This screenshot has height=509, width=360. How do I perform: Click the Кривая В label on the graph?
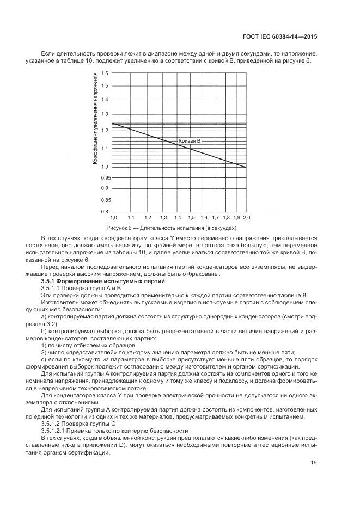tap(190, 141)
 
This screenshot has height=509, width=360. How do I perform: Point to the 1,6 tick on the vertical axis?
tap(105, 73)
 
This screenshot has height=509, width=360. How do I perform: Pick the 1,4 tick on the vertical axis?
tap(105, 99)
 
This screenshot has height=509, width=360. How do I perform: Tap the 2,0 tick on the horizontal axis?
tap(246, 217)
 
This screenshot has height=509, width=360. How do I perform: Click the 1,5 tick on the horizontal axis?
tap(191, 217)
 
